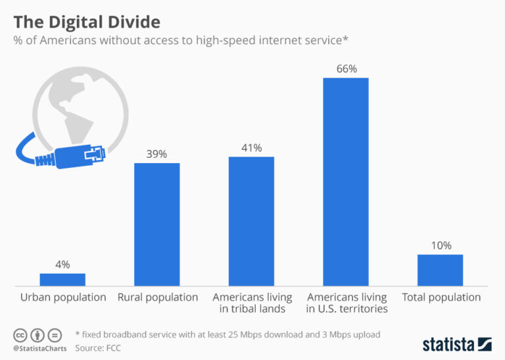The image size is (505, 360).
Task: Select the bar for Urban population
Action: click(x=62, y=279)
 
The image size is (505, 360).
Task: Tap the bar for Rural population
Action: click(x=157, y=224)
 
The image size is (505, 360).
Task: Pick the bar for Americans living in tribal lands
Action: click(x=251, y=220)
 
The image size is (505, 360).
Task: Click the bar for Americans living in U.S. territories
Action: click(x=345, y=181)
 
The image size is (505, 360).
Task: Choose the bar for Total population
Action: click(x=440, y=270)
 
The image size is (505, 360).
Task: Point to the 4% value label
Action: click(x=62, y=265)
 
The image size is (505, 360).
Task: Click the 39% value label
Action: click(x=157, y=154)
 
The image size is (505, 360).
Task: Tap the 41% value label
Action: click(x=251, y=147)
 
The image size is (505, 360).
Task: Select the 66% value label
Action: click(x=345, y=68)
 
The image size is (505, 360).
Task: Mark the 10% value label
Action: click(x=440, y=245)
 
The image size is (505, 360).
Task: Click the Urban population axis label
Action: click(x=63, y=297)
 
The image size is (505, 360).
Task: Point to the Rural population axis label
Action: click(x=157, y=297)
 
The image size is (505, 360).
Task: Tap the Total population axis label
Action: click(x=441, y=297)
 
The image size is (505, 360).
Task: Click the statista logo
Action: click(x=457, y=344)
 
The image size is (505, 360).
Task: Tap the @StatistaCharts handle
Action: click(x=36, y=346)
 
